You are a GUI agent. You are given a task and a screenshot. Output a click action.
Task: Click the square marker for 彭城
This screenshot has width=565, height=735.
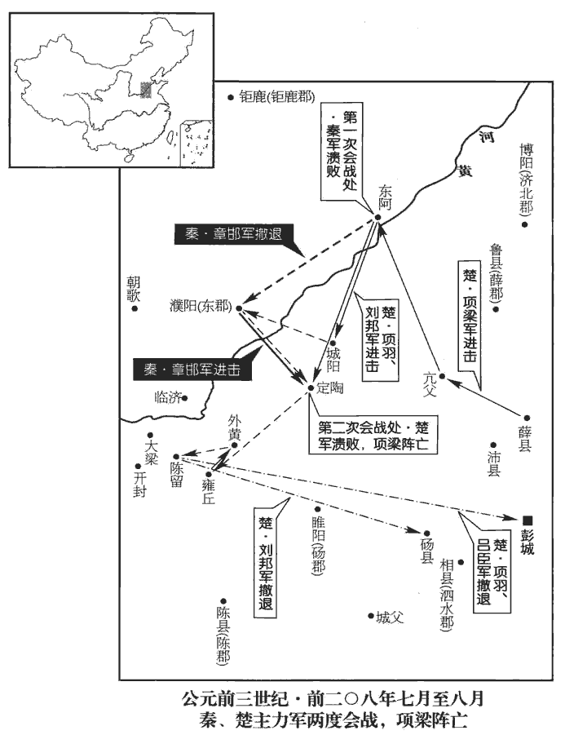point(527,520)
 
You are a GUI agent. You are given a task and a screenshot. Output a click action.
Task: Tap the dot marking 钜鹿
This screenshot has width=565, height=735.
point(231,98)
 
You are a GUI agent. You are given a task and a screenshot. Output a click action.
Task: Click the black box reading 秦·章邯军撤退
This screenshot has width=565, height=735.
point(234,234)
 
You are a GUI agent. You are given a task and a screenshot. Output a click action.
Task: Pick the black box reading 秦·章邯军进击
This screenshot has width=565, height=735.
point(192,370)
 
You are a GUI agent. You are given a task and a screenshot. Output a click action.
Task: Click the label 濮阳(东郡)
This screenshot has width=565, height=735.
point(201,308)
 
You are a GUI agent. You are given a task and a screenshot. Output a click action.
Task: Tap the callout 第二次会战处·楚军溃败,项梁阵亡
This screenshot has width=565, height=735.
point(373,435)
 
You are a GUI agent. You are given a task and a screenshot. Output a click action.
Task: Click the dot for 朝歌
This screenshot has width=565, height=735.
point(135,308)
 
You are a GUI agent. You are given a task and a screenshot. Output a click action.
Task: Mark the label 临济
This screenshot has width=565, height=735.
point(168,398)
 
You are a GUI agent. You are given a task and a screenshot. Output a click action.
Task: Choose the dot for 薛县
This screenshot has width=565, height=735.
point(527,418)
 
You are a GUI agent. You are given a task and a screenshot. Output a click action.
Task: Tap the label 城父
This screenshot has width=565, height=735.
point(390,618)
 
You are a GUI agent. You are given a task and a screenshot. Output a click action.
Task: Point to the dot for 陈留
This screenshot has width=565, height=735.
point(176,456)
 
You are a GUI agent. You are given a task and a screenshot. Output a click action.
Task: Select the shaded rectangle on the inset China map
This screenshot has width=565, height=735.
point(146,89)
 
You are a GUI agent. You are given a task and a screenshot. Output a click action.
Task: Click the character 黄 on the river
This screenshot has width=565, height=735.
point(465,170)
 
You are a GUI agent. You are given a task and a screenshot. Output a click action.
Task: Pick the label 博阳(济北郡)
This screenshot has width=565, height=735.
point(526,179)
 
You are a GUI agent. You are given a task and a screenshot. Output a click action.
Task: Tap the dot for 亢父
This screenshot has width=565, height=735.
point(441,376)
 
